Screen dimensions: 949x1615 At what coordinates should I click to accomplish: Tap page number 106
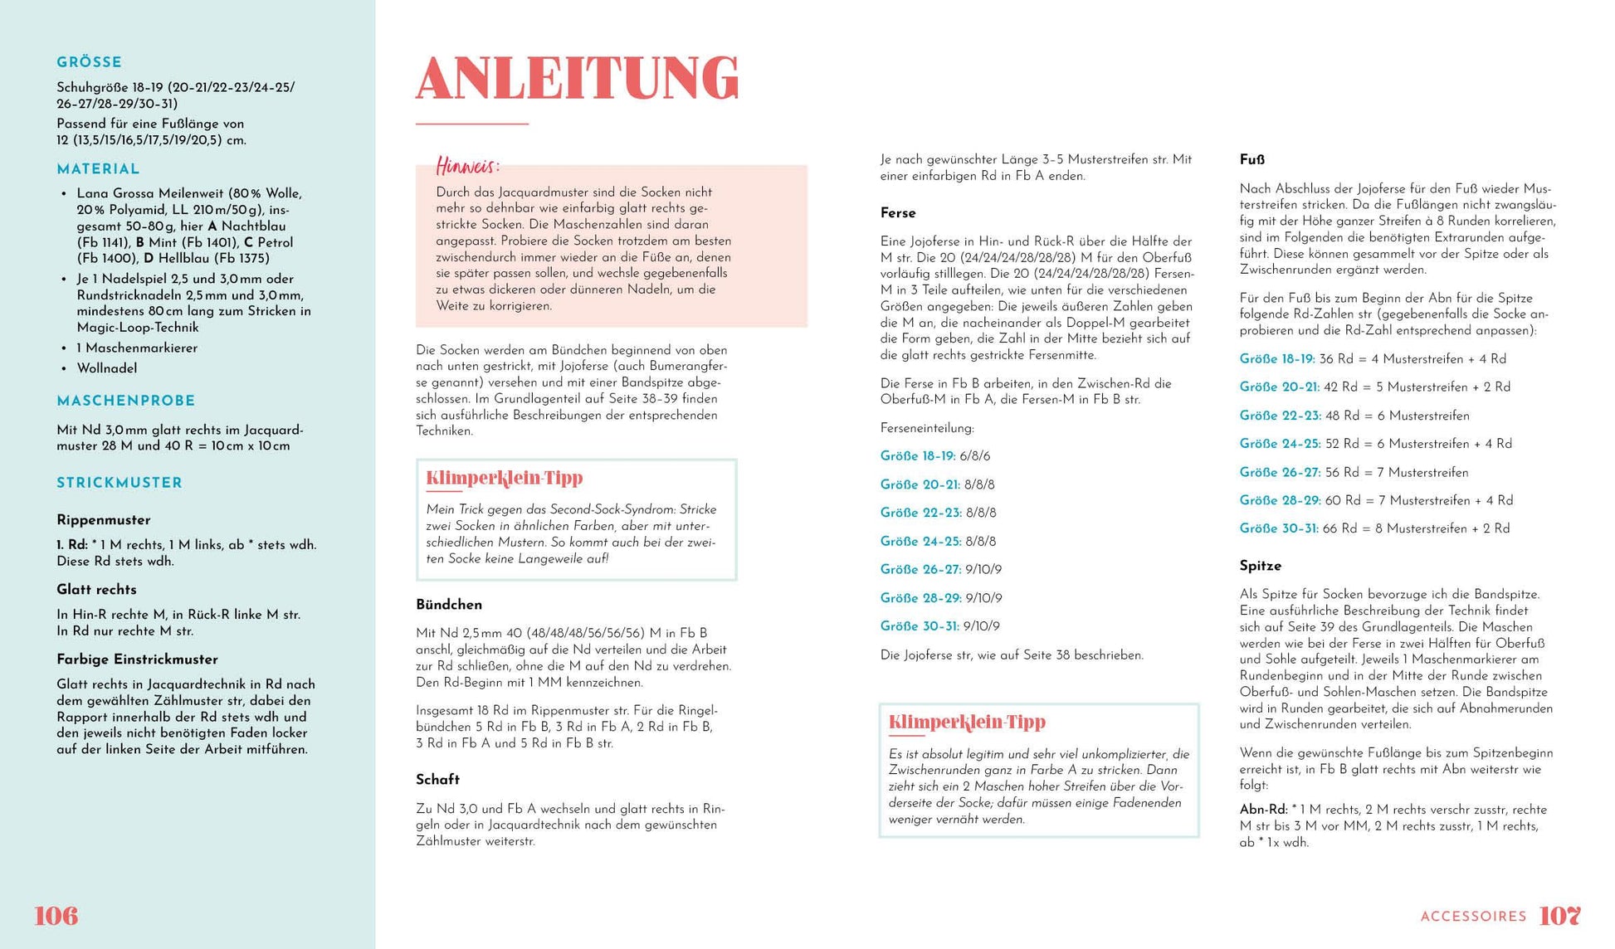point(56,916)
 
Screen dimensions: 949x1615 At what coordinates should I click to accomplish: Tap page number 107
point(1559,916)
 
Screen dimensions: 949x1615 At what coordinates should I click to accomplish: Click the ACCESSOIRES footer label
point(1473,917)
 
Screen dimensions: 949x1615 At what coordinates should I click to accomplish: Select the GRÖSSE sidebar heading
point(89,62)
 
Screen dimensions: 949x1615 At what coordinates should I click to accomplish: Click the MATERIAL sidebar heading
point(98,169)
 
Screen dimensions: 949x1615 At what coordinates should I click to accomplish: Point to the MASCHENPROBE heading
point(126,401)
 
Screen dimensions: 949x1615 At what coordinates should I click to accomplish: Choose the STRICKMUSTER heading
point(120,483)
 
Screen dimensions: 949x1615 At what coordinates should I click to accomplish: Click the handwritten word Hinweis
point(467,167)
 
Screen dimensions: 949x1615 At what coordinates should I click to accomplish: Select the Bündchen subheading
point(449,605)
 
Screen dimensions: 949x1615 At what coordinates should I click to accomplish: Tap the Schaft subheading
point(437,780)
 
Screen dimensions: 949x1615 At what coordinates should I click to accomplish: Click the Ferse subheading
point(898,213)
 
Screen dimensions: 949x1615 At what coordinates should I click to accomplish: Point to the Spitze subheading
point(1261,566)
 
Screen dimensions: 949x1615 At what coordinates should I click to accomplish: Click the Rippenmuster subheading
point(104,520)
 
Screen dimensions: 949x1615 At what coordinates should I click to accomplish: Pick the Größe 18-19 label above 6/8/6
point(918,456)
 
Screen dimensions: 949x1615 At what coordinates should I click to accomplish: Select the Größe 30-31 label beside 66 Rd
point(1278,528)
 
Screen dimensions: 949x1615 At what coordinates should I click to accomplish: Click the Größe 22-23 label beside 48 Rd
point(1278,416)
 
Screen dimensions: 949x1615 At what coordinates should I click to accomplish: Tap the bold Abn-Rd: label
point(1263,810)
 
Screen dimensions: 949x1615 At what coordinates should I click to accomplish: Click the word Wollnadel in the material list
point(107,368)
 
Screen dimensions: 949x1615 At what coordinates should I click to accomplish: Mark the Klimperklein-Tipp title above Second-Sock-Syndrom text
point(505,478)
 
